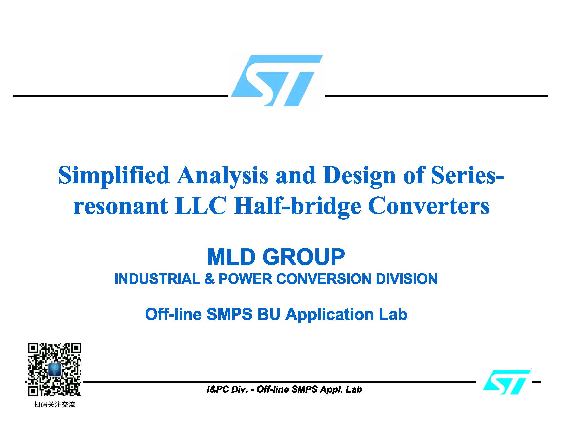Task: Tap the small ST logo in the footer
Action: click(506, 382)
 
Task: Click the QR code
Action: click(55, 369)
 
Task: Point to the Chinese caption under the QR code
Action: click(55, 404)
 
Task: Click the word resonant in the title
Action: click(121, 207)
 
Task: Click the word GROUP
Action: click(304, 257)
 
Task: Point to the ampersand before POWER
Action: click(209, 279)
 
